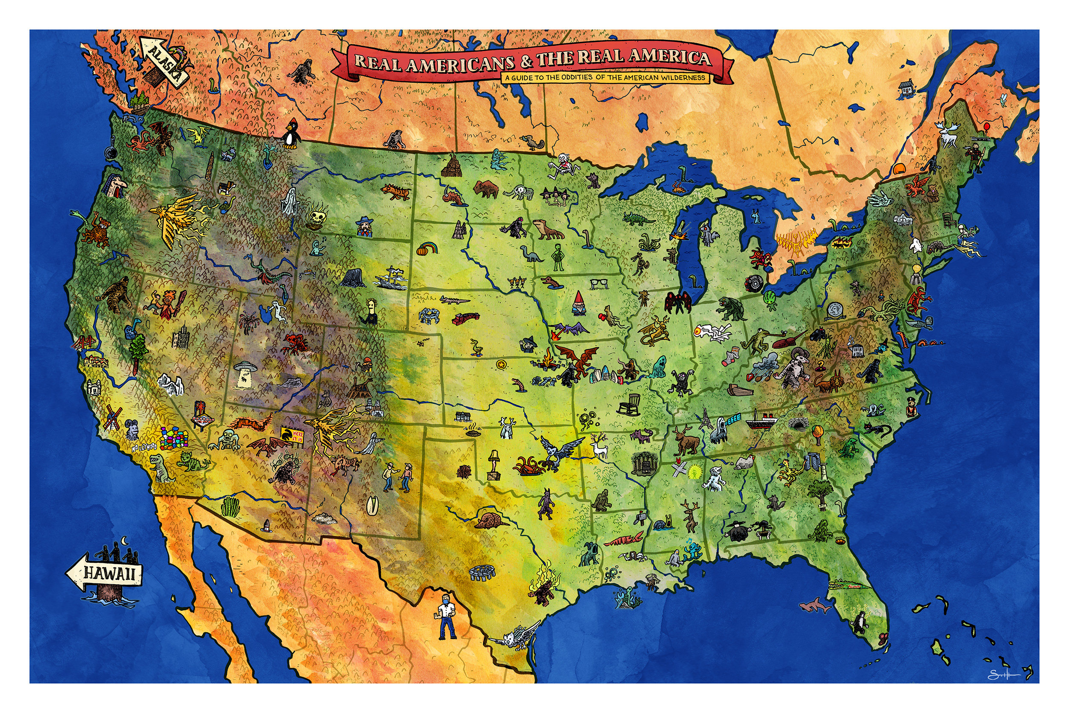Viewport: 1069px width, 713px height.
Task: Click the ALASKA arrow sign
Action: pyautogui.click(x=164, y=62)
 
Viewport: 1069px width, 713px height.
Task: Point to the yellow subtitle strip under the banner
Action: pyautogui.click(x=605, y=78)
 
